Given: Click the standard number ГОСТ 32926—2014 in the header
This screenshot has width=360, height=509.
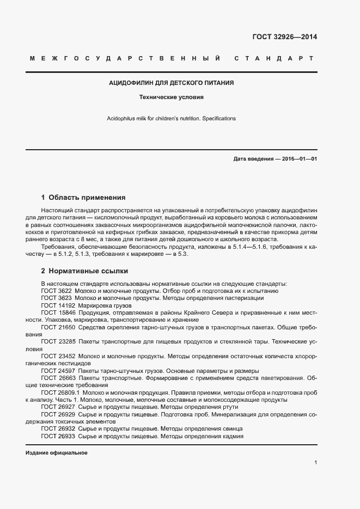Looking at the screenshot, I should pyautogui.click(x=284, y=38).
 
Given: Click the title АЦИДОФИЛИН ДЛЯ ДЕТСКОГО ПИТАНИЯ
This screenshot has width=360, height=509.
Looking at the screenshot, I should pyautogui.click(x=172, y=83).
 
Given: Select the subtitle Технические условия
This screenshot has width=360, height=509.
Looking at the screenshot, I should pyautogui.click(x=172, y=98).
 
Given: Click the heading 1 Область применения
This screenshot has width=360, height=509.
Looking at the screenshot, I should pyautogui.click(x=83, y=197).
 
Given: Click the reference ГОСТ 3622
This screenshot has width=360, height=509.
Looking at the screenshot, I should pyautogui.click(x=57, y=291).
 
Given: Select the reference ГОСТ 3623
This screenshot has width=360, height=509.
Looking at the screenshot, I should pyautogui.click(x=57, y=298).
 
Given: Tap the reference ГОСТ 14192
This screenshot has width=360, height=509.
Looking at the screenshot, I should pyautogui.click(x=58, y=305).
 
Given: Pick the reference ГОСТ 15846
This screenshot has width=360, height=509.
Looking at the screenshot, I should pyautogui.click(x=58, y=312).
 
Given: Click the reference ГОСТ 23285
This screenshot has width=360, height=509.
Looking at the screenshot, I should pyautogui.click(x=58, y=341).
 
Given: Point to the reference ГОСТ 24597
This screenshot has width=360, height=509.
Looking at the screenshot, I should pyautogui.click(x=58, y=370).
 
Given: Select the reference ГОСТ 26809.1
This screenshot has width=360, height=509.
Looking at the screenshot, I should pyautogui.click(x=60, y=392).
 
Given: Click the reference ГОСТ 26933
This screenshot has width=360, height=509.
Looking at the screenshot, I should pyautogui.click(x=58, y=436).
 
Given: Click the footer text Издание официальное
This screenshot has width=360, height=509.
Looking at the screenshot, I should pyautogui.click(x=57, y=452).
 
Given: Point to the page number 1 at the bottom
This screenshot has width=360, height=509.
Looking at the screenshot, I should pyautogui.click(x=315, y=462).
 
